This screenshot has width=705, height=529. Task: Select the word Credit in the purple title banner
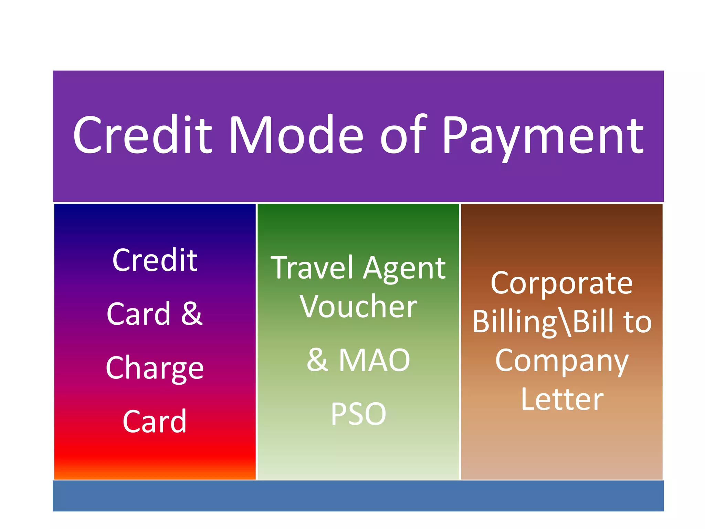(143, 135)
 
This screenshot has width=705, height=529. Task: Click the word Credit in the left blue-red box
(155, 260)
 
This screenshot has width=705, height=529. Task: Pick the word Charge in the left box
(155, 369)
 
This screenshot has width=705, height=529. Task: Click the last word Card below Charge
(155, 422)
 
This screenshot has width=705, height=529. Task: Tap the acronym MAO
(374, 360)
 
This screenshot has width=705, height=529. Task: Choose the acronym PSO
(358, 414)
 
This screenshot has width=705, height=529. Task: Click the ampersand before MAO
(317, 360)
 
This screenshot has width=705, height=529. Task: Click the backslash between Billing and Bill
(565, 322)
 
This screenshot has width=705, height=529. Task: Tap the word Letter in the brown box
(561, 400)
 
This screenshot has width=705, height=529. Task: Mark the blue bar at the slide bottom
(358, 496)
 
